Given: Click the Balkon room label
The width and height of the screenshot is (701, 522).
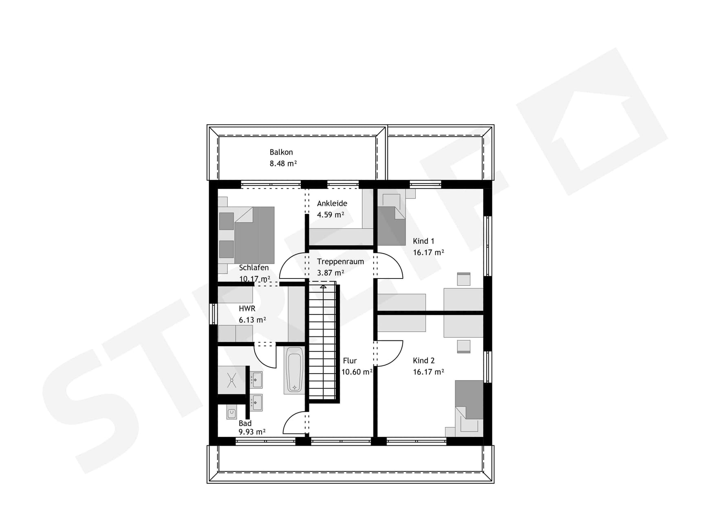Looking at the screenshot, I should tap(281, 152).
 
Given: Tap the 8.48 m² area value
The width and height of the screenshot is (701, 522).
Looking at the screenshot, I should tap(283, 164).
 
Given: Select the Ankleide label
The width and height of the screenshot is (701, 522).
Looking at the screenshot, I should tap(332, 203).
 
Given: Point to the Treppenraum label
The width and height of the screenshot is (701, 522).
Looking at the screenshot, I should tap(340, 261).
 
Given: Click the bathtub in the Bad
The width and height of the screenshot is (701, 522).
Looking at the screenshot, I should tap(294, 370).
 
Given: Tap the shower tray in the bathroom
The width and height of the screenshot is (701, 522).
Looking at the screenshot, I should tap(231, 380).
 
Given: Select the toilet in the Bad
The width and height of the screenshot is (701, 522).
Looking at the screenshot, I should tap(231, 414).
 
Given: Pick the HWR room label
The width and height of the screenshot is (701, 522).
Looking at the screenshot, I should tap(247, 309).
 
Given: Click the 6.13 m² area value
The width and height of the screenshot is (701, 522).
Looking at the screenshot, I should tap(252, 320).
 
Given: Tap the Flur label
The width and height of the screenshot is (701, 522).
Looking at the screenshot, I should tap(350, 361).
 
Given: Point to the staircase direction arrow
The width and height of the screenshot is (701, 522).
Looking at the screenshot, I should tap(323, 286).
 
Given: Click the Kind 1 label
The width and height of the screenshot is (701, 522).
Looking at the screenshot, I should tap(423, 241).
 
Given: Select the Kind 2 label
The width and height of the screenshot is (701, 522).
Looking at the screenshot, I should tap(423, 361).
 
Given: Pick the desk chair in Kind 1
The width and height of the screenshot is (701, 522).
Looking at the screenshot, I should tap(463, 279).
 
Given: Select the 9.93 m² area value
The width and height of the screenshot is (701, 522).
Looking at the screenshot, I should tap(252, 432).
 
